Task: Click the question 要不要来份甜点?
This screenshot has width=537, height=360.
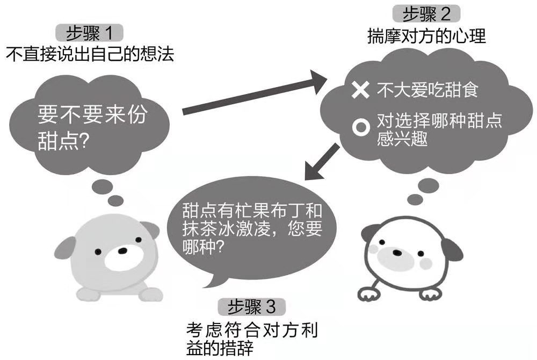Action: tap(91, 128)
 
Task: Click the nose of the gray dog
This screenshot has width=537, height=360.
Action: tap(123, 251)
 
